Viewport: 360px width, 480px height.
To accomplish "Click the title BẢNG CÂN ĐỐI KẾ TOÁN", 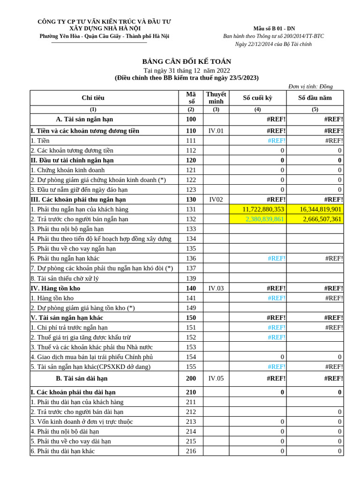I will click(187, 61).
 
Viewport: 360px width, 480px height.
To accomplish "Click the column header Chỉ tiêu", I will click(93, 97).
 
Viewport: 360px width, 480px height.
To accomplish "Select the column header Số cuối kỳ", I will click(257, 97).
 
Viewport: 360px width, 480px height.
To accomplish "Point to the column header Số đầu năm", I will click(315, 97).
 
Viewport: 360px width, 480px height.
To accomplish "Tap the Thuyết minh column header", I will click(216, 97).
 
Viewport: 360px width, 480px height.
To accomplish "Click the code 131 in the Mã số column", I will click(191, 209).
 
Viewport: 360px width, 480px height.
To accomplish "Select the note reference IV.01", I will click(216, 131).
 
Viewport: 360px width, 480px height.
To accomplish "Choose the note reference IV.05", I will click(216, 378).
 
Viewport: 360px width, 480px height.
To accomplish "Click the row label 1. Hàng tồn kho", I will click(52, 298).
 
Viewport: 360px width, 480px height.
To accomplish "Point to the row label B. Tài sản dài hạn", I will click(82, 378).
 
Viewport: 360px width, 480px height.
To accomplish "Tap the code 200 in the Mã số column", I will click(191, 378).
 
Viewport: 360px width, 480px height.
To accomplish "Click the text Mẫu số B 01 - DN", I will click(274, 29).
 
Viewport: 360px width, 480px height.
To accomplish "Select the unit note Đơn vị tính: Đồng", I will click(310, 86).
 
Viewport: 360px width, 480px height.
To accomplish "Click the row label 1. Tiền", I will click(40, 141).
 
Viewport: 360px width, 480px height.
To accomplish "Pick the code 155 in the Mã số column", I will click(191, 367).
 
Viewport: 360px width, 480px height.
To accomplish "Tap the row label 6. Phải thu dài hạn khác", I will click(62, 451).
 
